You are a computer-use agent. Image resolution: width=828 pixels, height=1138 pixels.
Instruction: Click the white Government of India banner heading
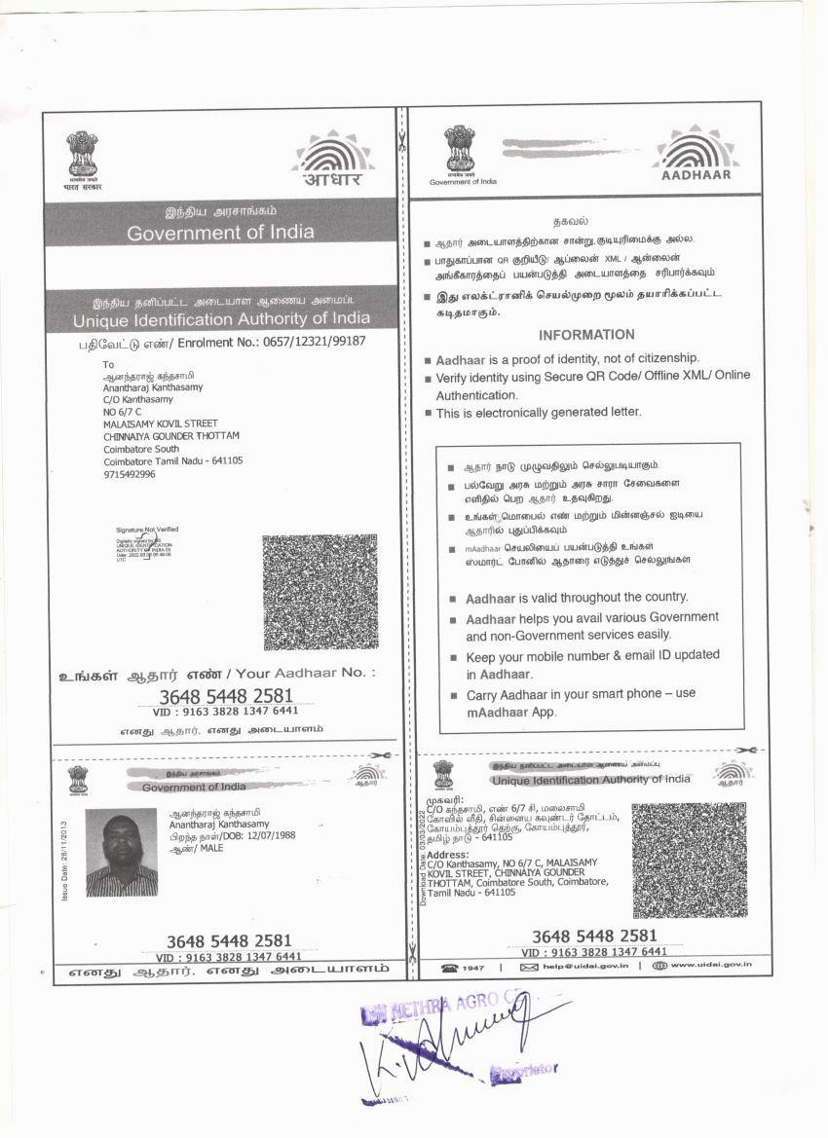pyautogui.click(x=220, y=233)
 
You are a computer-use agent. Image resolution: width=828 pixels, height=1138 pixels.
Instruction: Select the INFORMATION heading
pyautogui.click(x=586, y=334)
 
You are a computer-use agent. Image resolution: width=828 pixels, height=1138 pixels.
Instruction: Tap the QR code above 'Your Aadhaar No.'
pyautogui.click(x=320, y=591)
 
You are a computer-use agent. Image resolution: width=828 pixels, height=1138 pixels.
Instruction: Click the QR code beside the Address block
pyautogui.click(x=689, y=860)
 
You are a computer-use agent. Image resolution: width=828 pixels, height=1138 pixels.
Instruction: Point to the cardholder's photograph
pyautogui.click(x=121, y=853)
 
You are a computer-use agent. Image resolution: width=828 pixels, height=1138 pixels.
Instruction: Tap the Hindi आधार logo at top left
pyautogui.click(x=332, y=158)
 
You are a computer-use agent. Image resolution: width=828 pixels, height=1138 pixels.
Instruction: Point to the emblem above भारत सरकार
pyautogui.click(x=82, y=154)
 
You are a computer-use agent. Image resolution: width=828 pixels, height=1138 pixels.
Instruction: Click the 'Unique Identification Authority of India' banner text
pyautogui.click(x=221, y=318)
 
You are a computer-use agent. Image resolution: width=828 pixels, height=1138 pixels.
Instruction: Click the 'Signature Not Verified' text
pyautogui.click(x=147, y=530)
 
